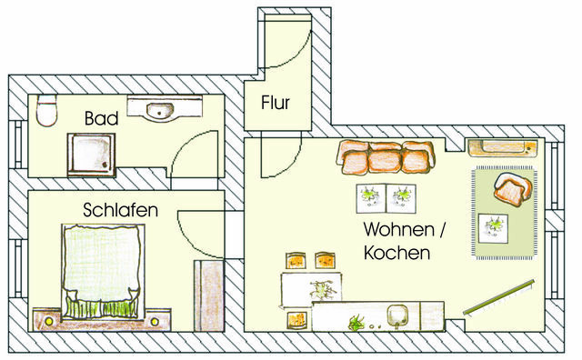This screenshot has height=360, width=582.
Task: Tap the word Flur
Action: click(x=275, y=103)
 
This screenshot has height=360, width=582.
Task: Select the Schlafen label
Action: click(x=120, y=211)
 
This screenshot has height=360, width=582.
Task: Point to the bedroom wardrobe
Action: click(x=207, y=295)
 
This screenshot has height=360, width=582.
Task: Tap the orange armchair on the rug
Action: click(x=513, y=191)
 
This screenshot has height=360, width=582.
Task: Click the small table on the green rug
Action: click(x=495, y=227)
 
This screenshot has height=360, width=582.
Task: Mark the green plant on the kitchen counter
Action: click(x=358, y=321)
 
